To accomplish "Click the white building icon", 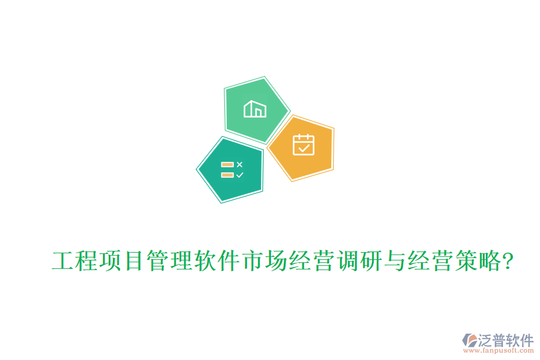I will pos(254,109).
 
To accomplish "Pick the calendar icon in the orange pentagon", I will pos(303,145).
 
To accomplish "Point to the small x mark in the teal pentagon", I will pos(239,164).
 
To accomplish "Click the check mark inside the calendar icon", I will pos(304,147).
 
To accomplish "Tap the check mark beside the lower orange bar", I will pos(239,175).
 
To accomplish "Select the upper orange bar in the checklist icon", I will pos(227,164).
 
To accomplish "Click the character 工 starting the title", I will pos(64,262).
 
